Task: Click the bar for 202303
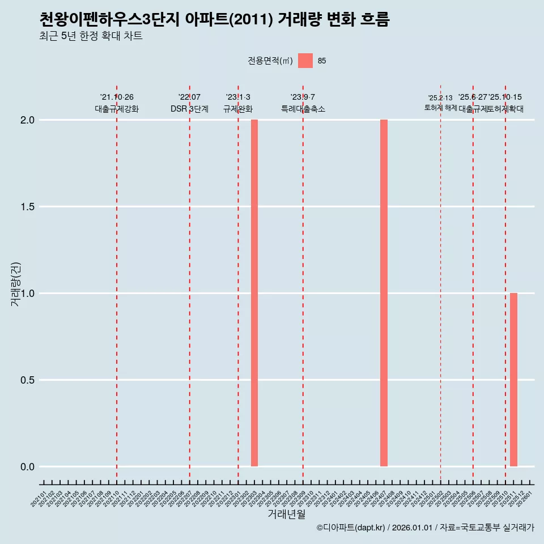pos(254,293)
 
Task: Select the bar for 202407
pos(384,293)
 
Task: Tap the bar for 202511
pos(513,380)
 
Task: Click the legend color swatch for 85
pos(305,61)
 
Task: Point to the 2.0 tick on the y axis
pos(28,120)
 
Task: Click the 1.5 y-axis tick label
pos(28,207)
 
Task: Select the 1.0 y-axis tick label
pos(28,294)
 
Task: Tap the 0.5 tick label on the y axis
pos(28,380)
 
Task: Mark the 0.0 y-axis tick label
pos(28,467)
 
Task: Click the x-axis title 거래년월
pos(287,515)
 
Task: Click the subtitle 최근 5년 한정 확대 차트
pos(91,36)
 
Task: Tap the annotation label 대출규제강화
pos(117,109)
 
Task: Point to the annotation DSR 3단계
pos(189,109)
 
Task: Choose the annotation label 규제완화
pos(238,109)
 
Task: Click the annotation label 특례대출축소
pos(303,109)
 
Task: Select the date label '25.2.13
pos(440,98)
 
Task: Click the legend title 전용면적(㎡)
pos(270,61)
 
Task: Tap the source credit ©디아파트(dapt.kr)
pos(351,528)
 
